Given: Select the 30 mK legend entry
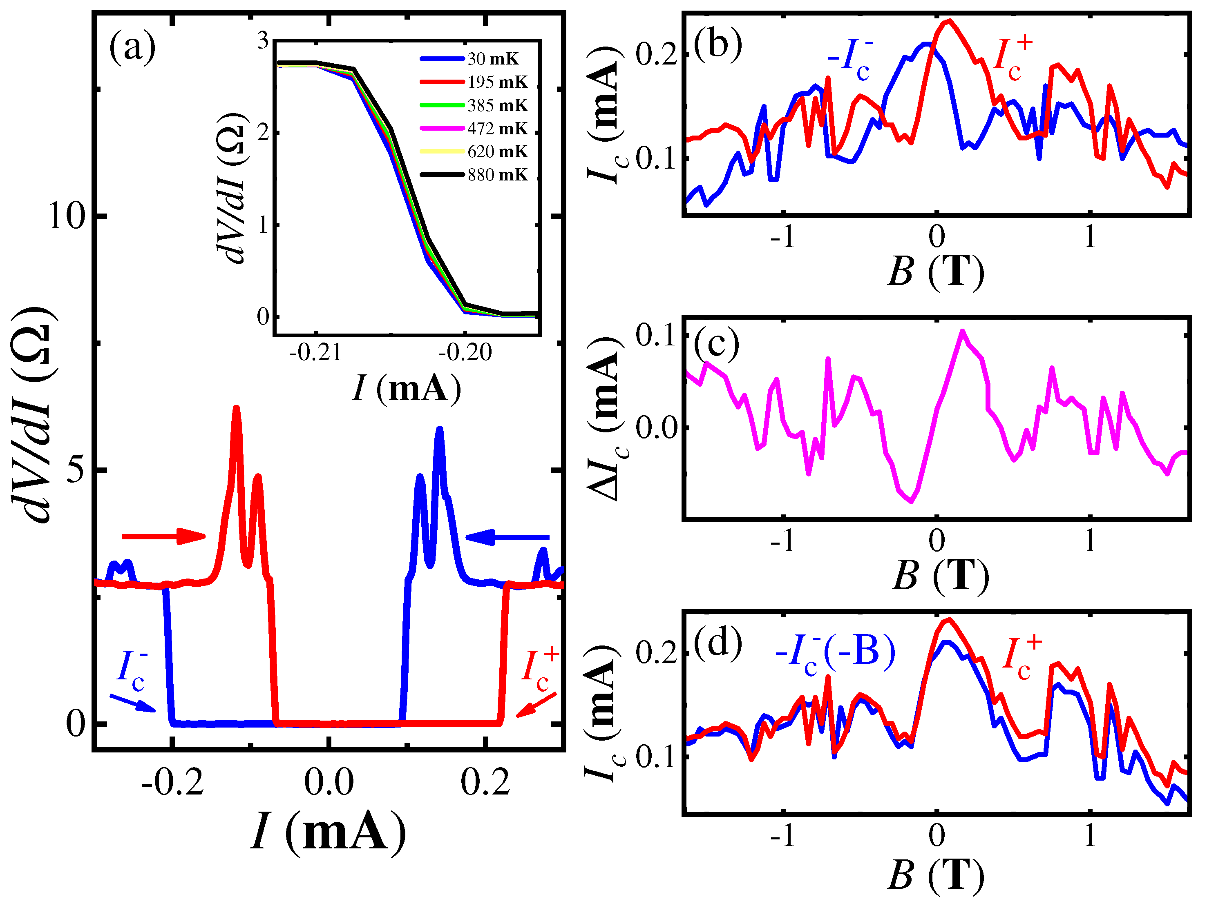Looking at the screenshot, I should [493, 59].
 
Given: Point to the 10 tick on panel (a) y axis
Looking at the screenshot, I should [67, 216].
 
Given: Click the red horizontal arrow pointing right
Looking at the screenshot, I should [164, 536].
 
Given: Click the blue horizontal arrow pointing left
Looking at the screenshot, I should [507, 538].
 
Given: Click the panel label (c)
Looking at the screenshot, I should [716, 345].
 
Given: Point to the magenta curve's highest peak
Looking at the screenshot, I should [963, 331].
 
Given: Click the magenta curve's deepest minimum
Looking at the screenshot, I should [911, 500].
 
